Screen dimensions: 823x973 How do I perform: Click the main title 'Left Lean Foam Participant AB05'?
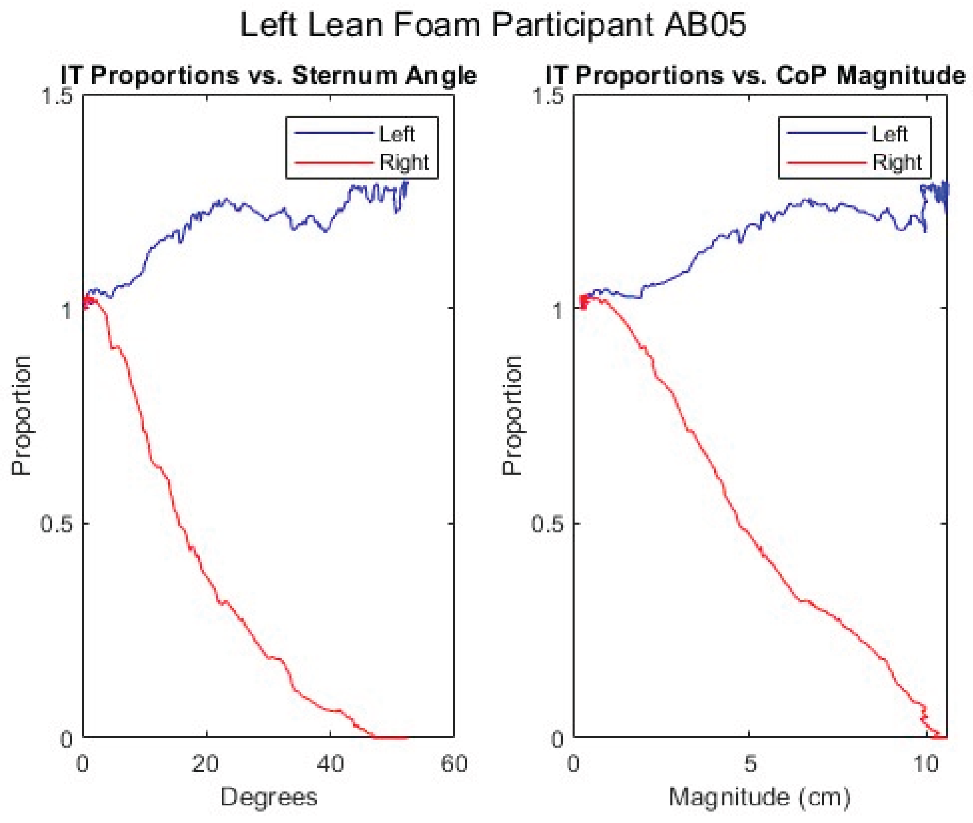(492, 25)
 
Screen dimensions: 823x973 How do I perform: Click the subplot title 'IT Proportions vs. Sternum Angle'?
(268, 76)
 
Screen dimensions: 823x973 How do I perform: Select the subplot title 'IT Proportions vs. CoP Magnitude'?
(755, 76)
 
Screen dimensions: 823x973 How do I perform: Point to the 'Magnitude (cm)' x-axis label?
(760, 797)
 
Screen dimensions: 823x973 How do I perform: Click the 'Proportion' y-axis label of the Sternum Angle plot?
(21, 415)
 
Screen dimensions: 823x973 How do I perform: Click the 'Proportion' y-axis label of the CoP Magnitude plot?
(512, 415)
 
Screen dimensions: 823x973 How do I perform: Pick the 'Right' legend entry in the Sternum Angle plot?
(404, 162)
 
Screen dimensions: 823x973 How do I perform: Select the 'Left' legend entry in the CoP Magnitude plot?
(889, 134)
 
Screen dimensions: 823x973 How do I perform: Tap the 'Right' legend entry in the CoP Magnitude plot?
(897, 162)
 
